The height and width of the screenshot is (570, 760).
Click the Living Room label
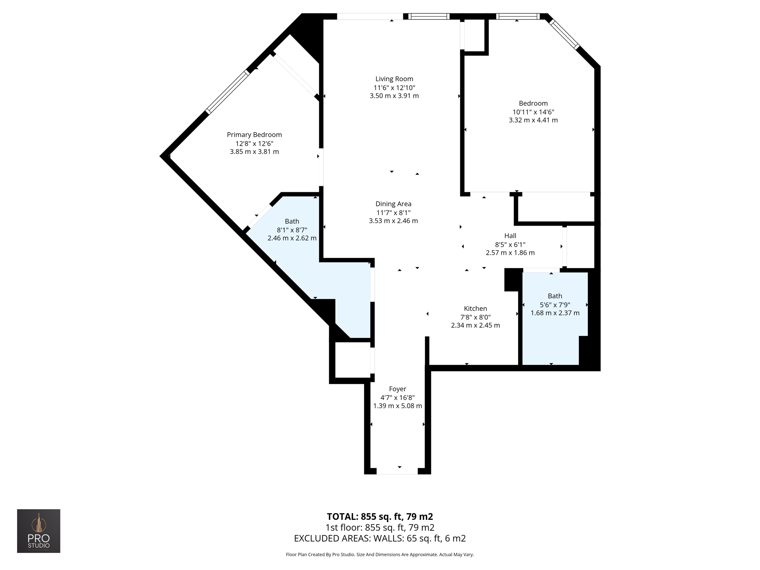click(394, 79)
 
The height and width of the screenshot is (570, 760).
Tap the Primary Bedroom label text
click(254, 135)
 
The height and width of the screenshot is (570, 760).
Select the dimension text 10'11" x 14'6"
click(533, 112)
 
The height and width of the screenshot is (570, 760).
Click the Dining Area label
click(393, 204)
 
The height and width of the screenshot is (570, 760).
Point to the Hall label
click(510, 236)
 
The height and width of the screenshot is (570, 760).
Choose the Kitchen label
click(475, 308)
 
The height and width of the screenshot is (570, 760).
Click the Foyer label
click(397, 389)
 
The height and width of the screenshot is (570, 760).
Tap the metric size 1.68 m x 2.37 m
click(555, 313)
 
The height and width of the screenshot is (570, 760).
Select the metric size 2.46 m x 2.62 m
click(292, 238)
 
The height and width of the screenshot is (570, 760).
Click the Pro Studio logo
click(39, 531)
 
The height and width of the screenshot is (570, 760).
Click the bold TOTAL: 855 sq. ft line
click(380, 517)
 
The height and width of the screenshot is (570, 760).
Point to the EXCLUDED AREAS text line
click(380, 538)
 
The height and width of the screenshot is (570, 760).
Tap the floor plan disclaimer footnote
click(380, 555)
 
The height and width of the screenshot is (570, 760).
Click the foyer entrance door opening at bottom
click(397, 471)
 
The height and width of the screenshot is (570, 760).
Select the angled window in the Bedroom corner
click(564, 34)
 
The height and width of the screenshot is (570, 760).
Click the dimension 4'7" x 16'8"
click(397, 397)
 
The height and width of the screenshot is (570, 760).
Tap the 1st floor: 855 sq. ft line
click(380, 527)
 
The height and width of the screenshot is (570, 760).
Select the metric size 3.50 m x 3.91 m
click(394, 96)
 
